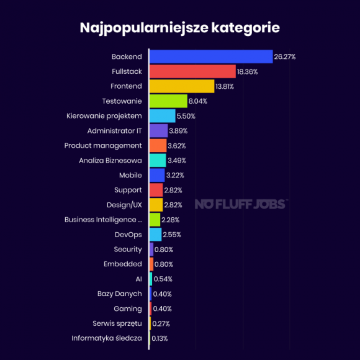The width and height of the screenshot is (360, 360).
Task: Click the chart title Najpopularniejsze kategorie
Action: tap(179, 28)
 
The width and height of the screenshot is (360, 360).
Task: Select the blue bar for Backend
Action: tap(211, 56)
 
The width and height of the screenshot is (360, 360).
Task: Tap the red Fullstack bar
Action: tap(192, 71)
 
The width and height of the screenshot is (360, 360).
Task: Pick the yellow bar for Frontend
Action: tap(181, 86)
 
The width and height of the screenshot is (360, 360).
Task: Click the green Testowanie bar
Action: tap(168, 101)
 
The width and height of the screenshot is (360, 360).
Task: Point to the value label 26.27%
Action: tap(285, 56)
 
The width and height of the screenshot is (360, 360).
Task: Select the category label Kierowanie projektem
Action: tap(104, 115)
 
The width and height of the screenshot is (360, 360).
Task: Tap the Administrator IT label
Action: tap(115, 130)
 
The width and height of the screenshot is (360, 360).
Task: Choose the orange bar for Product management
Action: tap(158, 145)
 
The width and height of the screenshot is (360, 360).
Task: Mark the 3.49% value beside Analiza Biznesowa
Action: tap(176, 160)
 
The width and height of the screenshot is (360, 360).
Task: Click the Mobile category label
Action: tap(130, 175)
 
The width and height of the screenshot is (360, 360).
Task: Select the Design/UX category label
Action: tap(124, 204)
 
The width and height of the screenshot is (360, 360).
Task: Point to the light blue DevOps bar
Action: tap(155, 234)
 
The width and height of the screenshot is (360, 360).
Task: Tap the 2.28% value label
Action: tap(171, 220)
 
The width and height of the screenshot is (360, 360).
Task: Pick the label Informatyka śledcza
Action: tap(107, 338)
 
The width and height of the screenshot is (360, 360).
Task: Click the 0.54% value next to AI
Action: tap(163, 279)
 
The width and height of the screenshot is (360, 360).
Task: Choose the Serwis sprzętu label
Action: tap(117, 323)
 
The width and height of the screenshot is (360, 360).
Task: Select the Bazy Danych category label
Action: tap(120, 294)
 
